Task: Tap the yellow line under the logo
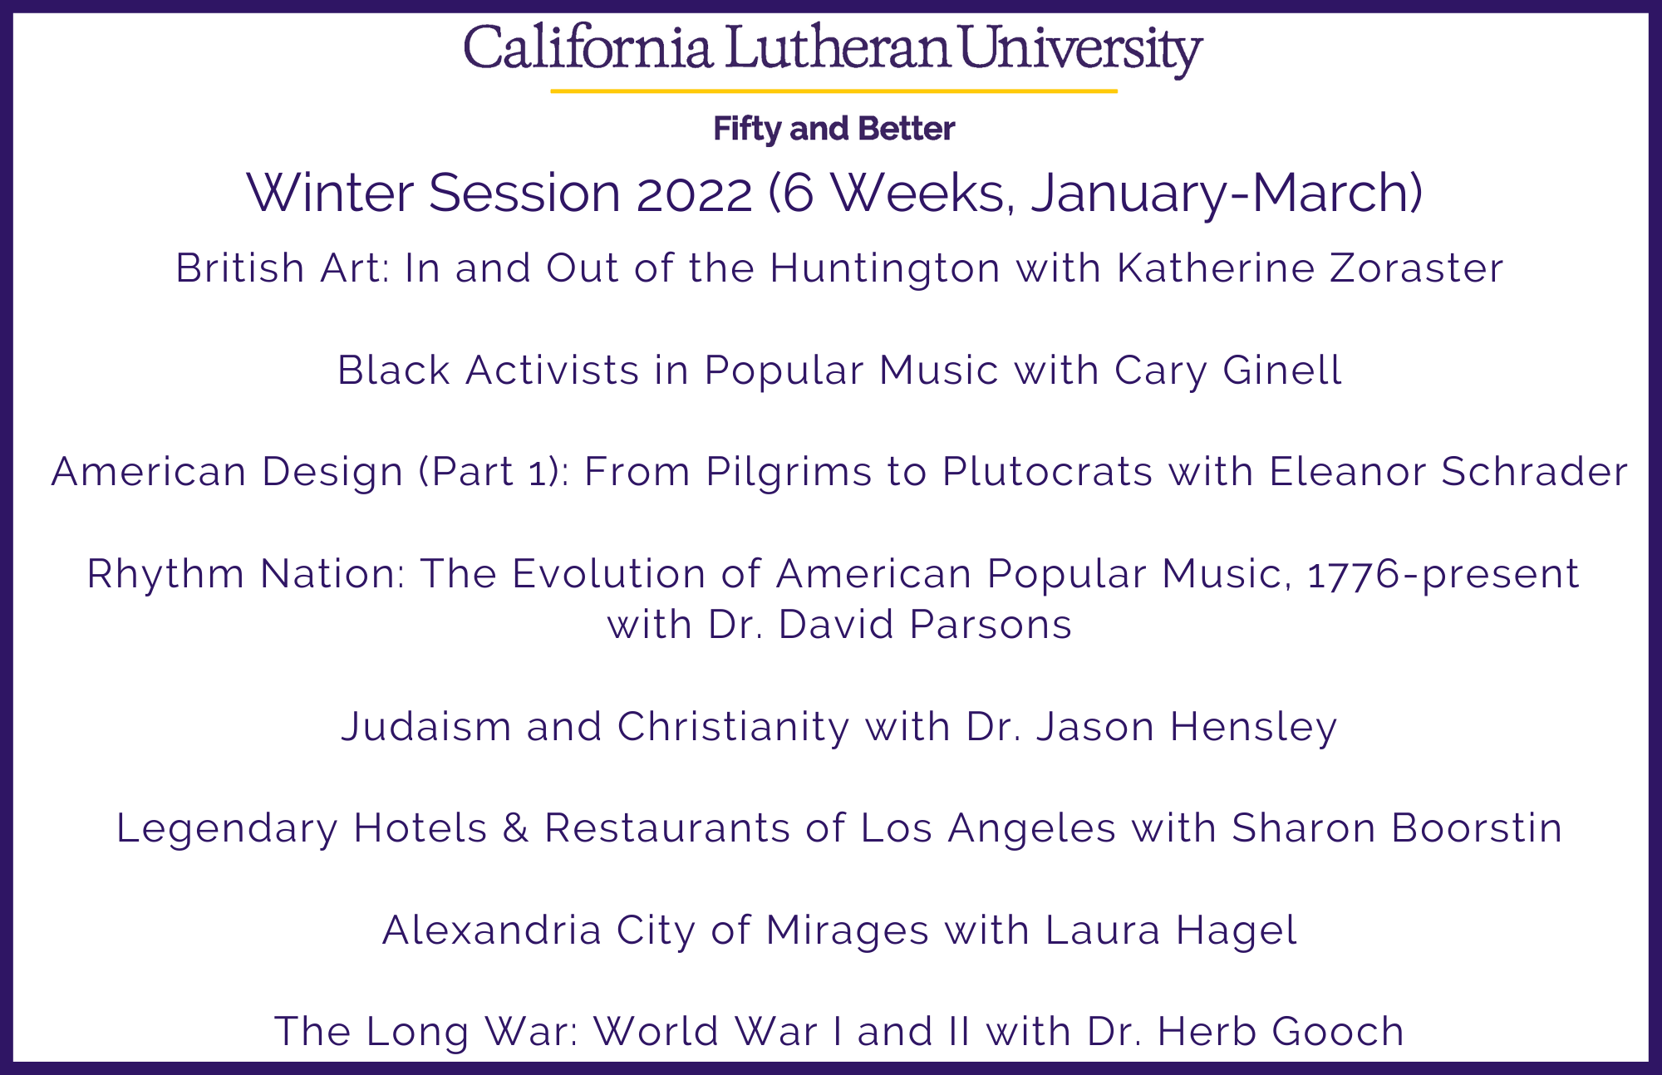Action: click(833, 91)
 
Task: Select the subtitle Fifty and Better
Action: click(833, 129)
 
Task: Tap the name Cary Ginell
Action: click(1227, 371)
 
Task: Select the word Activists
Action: click(553, 371)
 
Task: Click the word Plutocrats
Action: click(1047, 472)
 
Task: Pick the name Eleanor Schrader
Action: click(1448, 472)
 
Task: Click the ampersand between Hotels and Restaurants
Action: click(516, 828)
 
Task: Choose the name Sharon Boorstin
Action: click(1397, 828)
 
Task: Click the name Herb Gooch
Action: click(1280, 1032)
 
